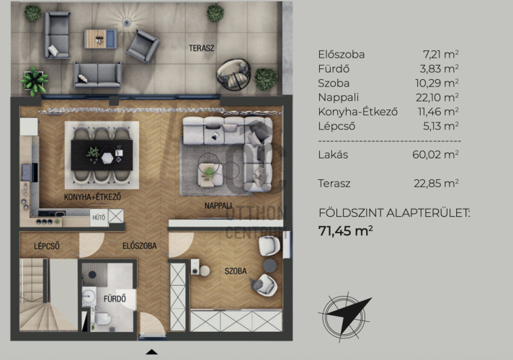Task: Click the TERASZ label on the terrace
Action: pos(202,48)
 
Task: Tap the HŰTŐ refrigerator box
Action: pos(99,217)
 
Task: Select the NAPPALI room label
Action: pos(218,206)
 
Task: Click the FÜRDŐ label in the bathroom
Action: pos(115,299)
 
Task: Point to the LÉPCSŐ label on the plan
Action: pos(47,246)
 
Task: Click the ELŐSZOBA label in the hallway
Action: pos(140,246)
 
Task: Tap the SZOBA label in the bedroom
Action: pos(236,271)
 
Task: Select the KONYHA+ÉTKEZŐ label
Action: pos(93,197)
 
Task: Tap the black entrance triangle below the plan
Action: pos(151,352)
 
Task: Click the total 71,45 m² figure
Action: pos(346,231)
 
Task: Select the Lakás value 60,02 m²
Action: pos(435,154)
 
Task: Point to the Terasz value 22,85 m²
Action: pos(436,184)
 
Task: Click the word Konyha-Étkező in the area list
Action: pos(358,112)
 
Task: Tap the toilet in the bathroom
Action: pos(103,319)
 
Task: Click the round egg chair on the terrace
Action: pos(233,75)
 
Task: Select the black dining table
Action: pos(102,155)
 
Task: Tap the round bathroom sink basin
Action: pos(89,296)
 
